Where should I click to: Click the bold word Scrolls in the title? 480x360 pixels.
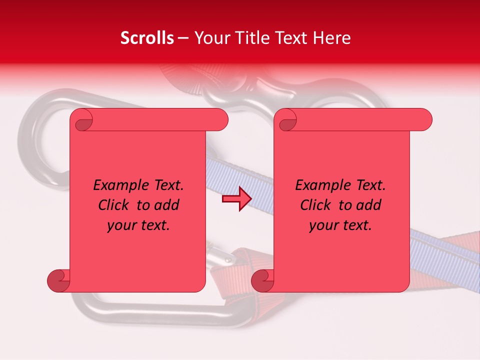147,38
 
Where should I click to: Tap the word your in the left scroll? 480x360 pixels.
122,225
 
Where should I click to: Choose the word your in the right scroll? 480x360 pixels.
324,225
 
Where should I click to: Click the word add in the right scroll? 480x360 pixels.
369,205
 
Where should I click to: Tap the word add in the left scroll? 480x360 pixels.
167,205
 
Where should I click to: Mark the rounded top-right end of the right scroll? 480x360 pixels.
423,120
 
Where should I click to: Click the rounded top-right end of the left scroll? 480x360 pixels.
219,120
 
